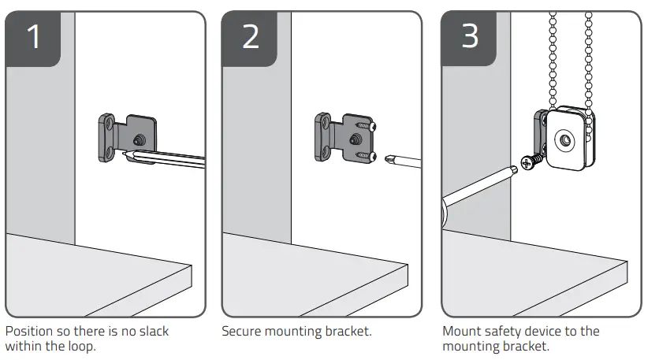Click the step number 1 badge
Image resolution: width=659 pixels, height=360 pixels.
[x=32, y=38]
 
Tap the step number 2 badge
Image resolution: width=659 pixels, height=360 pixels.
[x=250, y=38]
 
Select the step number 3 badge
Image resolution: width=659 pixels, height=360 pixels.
[x=470, y=38]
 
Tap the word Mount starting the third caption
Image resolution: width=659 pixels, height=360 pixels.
[x=462, y=332]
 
